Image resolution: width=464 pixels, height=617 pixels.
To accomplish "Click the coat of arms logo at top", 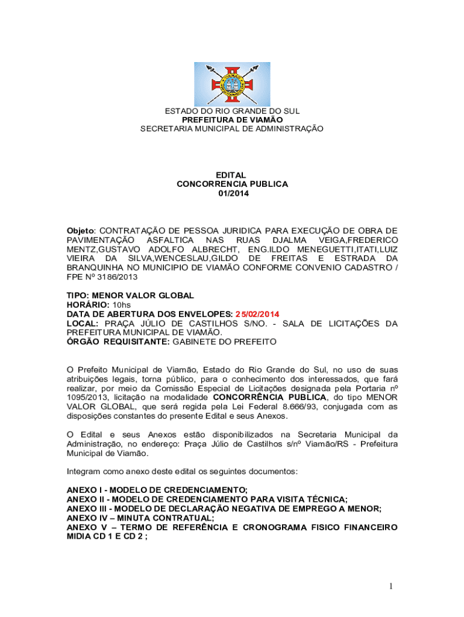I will click(x=232, y=84).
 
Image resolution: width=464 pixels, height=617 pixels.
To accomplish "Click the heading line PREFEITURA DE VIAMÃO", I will click(x=232, y=120).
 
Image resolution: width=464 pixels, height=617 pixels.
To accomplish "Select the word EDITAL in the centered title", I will click(x=232, y=175).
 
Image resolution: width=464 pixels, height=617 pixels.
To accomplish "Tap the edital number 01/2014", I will click(x=232, y=193).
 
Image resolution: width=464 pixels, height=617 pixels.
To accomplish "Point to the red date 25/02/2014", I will click(x=257, y=314).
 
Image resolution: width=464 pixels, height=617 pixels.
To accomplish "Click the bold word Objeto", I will click(x=81, y=231).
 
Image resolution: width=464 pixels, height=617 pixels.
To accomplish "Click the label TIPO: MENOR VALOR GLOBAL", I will click(x=130, y=296).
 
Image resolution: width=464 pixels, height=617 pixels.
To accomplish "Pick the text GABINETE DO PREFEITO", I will click(x=224, y=342).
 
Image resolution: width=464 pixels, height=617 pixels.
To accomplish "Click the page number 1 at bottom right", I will click(x=391, y=586).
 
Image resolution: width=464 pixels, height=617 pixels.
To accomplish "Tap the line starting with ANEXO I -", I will click(x=157, y=490).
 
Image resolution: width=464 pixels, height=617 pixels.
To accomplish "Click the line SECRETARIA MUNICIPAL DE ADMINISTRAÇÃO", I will click(x=232, y=129).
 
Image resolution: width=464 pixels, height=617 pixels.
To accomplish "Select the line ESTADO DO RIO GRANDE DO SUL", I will click(x=232, y=111).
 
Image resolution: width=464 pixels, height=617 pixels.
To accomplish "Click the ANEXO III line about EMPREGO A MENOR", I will click(x=224, y=509).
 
